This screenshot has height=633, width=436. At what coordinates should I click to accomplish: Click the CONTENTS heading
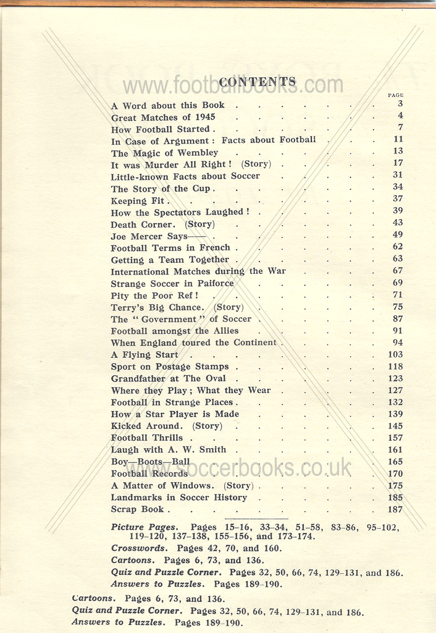pos(258,82)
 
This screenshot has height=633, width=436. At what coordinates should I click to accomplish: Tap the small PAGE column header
pos(395,95)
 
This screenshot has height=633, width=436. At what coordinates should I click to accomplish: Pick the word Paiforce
pos(216,284)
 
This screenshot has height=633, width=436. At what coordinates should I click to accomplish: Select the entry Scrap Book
pos(138,509)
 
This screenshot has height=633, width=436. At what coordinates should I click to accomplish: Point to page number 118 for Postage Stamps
pos(395,367)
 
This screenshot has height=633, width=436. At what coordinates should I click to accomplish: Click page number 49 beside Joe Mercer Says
pos(398,236)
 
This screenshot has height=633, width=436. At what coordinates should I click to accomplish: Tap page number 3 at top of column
pos(400,104)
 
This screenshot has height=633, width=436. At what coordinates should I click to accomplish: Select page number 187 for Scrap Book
pos(395,510)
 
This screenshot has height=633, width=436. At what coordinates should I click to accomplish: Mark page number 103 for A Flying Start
pos(395,355)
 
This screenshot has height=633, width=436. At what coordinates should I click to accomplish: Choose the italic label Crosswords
pos(139,548)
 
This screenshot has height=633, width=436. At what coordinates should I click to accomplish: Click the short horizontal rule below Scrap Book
pos(256,518)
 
